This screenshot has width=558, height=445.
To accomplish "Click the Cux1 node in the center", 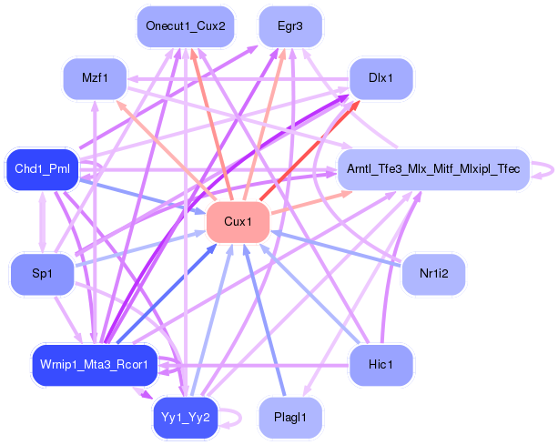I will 238,223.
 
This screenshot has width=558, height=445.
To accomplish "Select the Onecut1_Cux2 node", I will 185,25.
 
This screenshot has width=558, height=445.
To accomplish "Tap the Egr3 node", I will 290,25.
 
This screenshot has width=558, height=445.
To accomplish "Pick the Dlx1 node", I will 381,78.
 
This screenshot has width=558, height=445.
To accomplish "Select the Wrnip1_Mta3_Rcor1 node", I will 95,364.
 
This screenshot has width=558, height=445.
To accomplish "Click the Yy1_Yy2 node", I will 186,418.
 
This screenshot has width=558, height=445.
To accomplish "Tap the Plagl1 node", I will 290,418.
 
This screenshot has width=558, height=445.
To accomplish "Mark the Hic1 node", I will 381,364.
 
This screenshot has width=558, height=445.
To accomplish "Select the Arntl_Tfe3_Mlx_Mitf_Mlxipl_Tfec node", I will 433,168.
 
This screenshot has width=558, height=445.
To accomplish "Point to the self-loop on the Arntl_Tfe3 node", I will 543,168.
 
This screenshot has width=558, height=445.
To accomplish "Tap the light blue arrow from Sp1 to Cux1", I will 137,248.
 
